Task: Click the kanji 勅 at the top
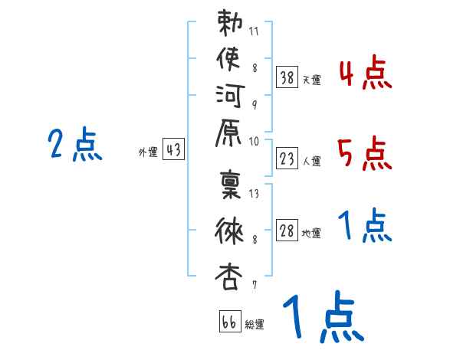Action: (229, 26)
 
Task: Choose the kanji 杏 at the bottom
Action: (229, 274)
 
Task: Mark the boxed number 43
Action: (173, 150)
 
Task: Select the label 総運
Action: (255, 324)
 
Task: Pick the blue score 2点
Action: (75, 145)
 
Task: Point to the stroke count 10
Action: (255, 141)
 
